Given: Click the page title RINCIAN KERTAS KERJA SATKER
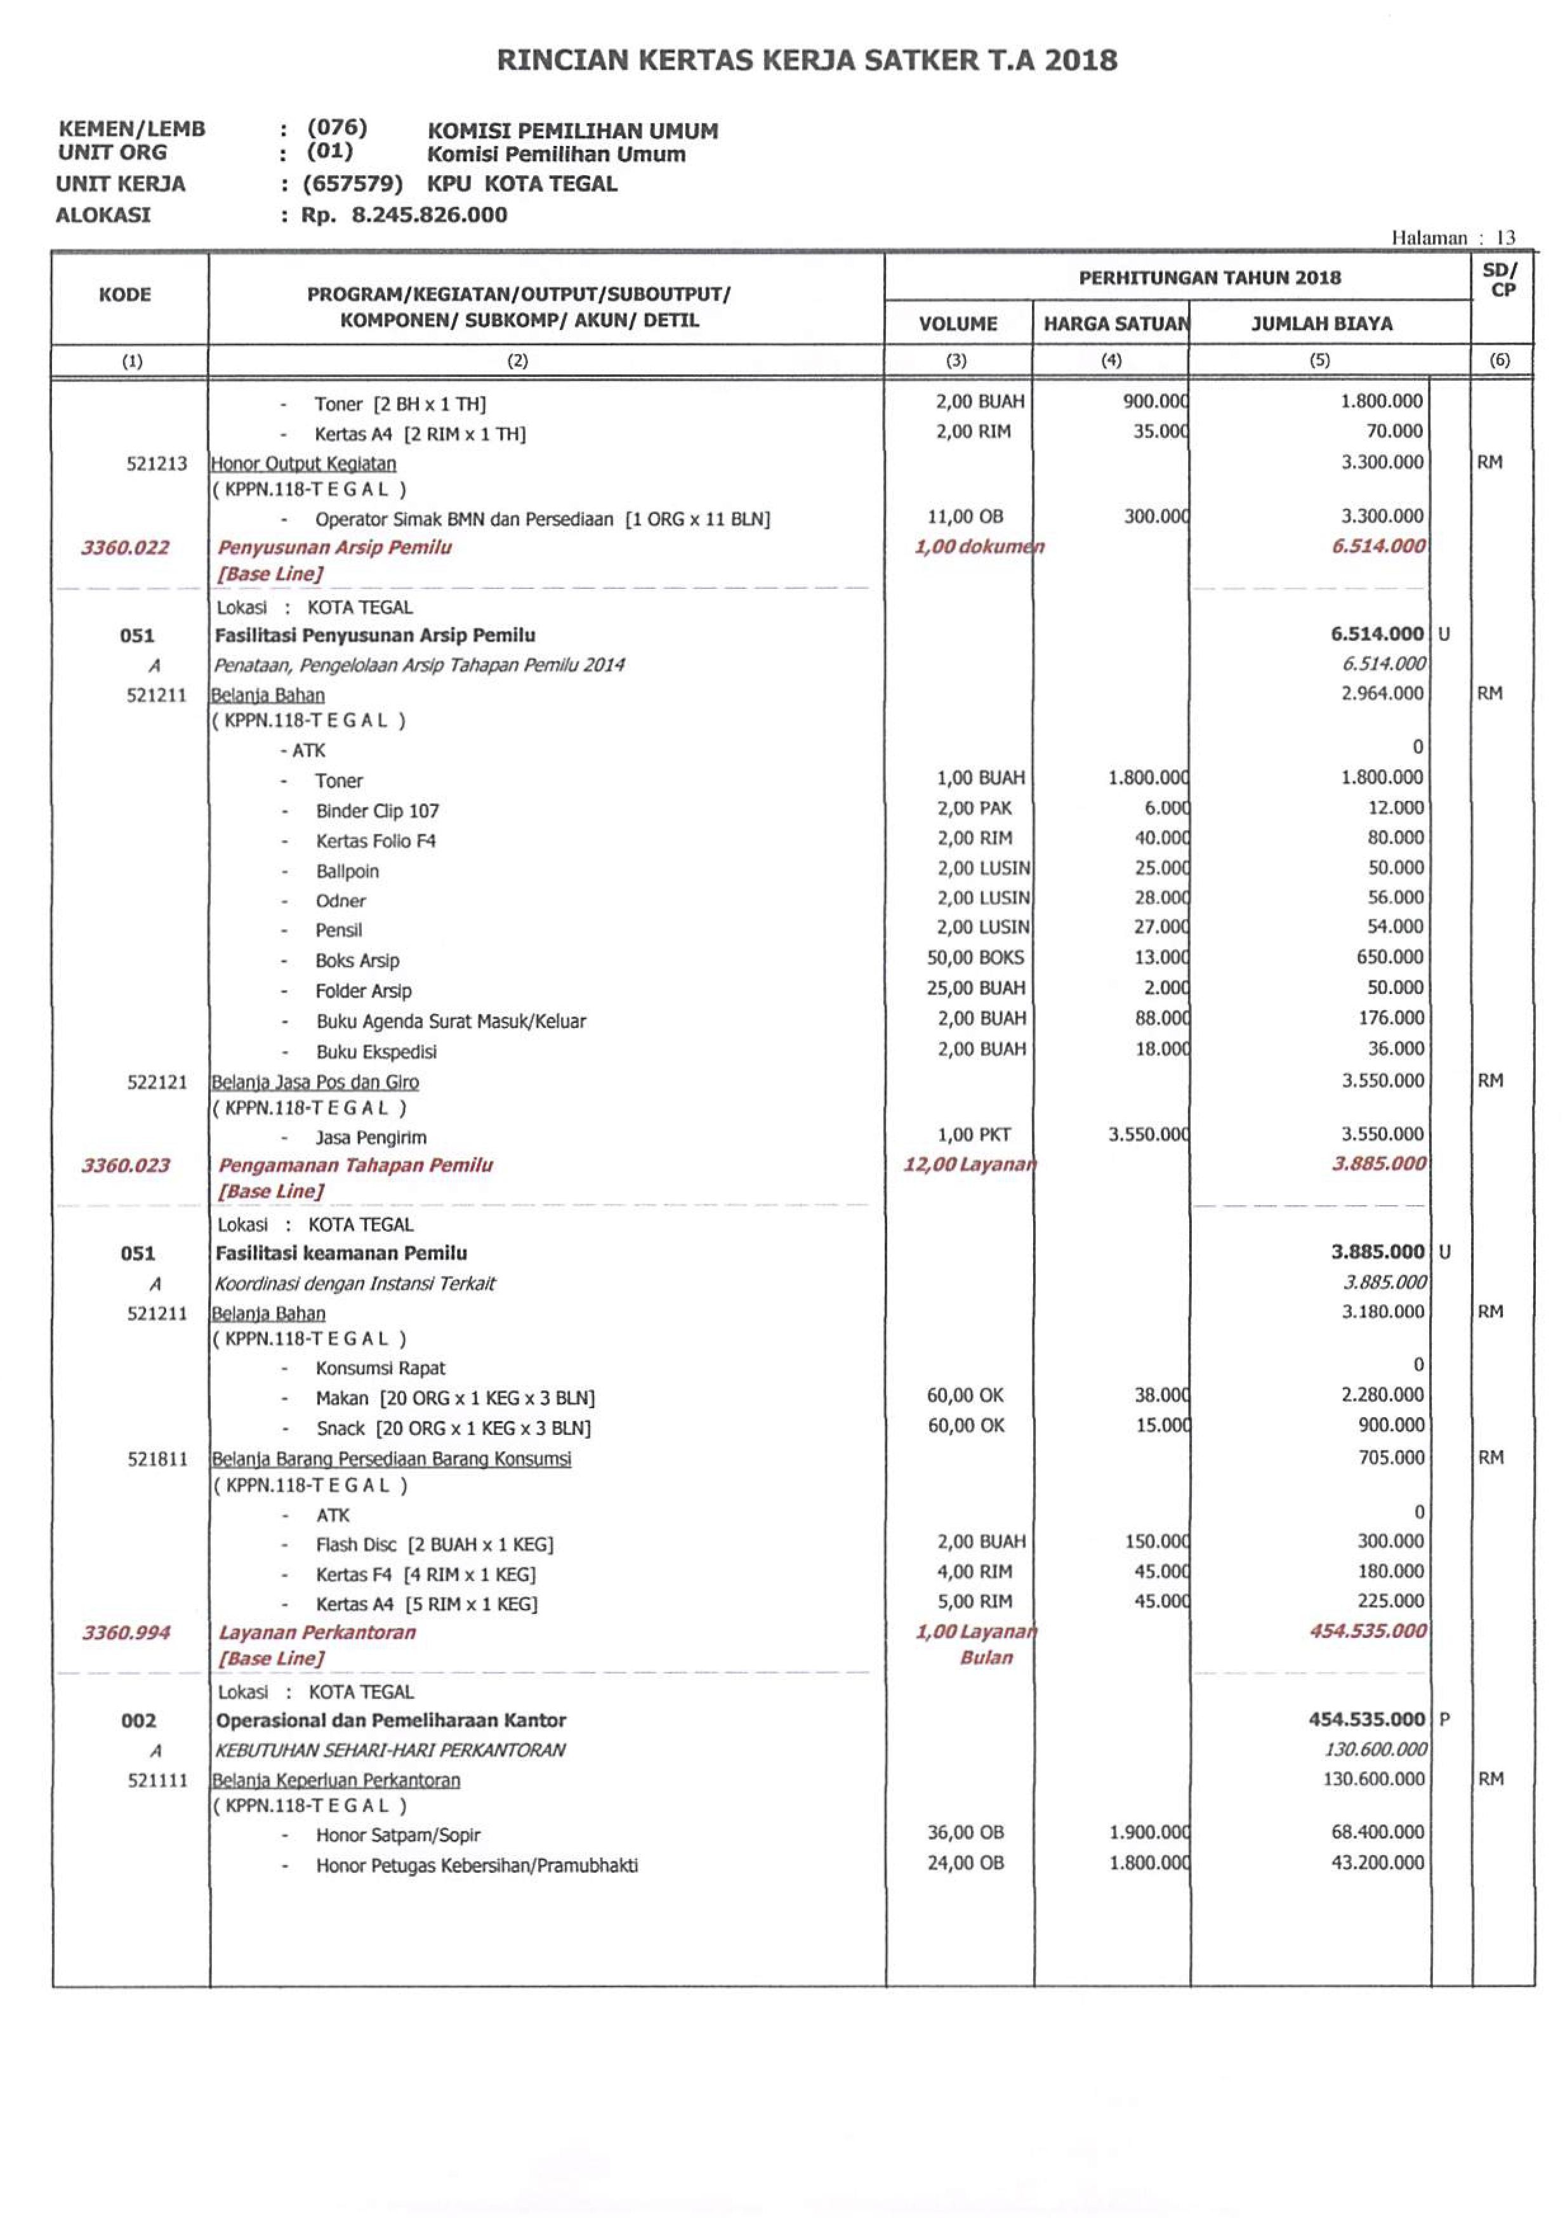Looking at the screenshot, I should coord(807,60).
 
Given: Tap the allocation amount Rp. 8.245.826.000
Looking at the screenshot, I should coord(404,215).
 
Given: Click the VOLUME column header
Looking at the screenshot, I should coord(958,324).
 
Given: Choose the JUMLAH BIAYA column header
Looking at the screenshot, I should coord(1321,324).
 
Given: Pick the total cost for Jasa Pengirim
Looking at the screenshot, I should coord(1382,1134).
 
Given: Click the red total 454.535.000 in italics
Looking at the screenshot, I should coord(1367,1630).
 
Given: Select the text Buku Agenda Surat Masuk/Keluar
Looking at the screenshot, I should coord(450,1021).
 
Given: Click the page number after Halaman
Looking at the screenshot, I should coord(1505,237).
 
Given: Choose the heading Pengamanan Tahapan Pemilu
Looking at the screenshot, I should coord(355,1165).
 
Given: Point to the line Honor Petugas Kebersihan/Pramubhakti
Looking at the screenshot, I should coord(476,1865).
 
